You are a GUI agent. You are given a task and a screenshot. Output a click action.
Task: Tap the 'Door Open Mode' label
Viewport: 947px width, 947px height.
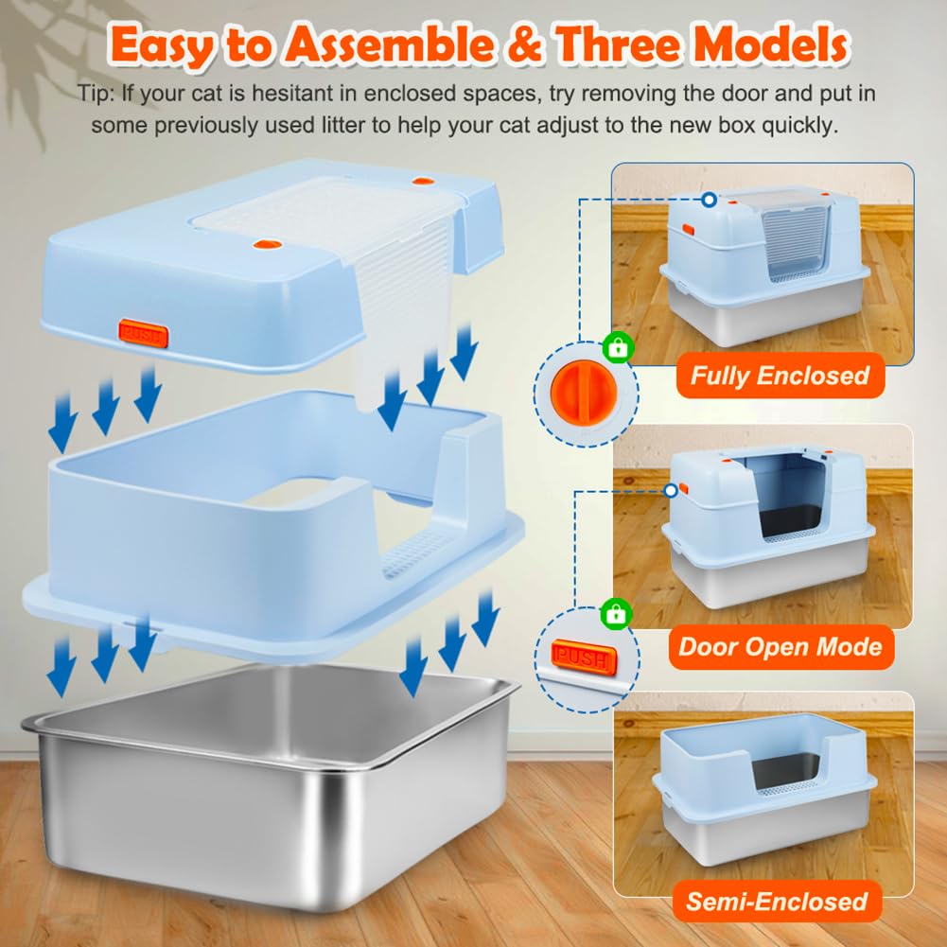(x=780, y=647)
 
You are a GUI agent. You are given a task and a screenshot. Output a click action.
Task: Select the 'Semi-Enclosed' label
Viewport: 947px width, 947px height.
(x=776, y=902)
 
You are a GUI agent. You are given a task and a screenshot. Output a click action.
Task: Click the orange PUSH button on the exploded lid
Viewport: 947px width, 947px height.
(x=143, y=333)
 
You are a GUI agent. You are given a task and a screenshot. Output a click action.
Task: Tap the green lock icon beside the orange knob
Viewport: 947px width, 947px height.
(x=618, y=349)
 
